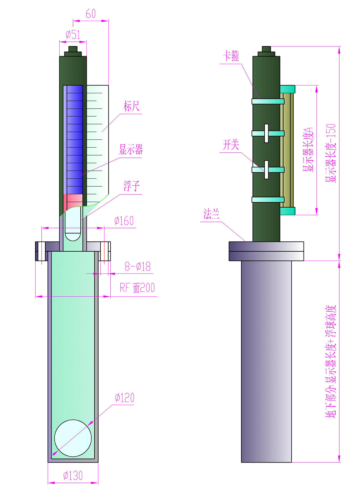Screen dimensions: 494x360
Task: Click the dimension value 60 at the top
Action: click(91, 14)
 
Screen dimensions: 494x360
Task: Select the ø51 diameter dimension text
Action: click(73, 35)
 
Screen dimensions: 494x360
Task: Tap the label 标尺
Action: click(131, 106)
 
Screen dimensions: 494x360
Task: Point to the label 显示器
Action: click(131, 150)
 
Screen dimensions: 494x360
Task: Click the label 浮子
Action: click(131, 186)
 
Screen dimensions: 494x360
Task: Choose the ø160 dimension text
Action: click(124, 221)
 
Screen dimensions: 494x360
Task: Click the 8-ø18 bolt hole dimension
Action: click(137, 266)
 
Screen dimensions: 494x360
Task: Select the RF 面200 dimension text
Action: click(137, 288)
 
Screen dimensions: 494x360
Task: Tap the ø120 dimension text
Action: click(125, 398)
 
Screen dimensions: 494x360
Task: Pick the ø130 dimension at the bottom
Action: click(73, 476)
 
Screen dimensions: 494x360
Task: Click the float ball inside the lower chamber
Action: click(73, 438)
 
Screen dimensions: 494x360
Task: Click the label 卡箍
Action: click(231, 56)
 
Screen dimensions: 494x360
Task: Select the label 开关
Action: click(231, 145)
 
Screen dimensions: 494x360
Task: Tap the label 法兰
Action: click(211, 214)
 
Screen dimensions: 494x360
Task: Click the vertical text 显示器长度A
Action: click(308, 150)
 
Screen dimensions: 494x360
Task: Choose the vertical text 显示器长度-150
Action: click(330, 153)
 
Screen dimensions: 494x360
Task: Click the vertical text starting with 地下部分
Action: click(330, 361)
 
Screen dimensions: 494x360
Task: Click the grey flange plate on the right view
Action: click(266, 251)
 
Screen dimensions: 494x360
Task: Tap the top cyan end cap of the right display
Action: click(287, 89)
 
